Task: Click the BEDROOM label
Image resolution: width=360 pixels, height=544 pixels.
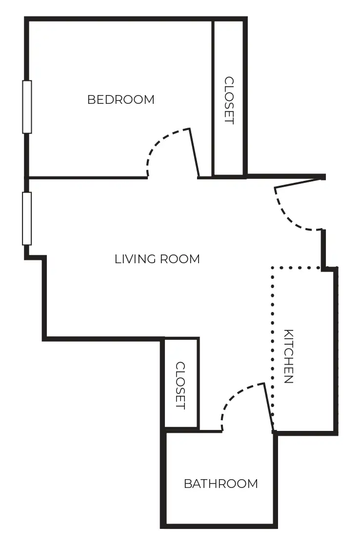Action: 121,99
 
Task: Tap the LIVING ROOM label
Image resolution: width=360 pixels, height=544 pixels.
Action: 157,259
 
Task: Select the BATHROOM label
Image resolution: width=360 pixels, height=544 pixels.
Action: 221,483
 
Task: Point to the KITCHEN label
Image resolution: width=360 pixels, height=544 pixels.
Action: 288,356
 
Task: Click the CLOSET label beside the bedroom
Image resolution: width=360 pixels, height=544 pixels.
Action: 229,100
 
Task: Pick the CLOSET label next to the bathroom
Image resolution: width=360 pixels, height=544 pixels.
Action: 180,386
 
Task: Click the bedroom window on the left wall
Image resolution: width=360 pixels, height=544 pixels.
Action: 27,107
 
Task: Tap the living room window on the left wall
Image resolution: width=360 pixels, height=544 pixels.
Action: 27,218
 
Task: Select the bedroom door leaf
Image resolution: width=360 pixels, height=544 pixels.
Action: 195,153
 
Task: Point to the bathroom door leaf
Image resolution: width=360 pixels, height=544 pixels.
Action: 269,407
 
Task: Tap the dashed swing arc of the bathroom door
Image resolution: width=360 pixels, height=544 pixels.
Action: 232,396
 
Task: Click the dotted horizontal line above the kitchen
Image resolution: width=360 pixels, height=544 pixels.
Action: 296,268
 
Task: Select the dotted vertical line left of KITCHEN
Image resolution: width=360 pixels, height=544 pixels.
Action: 273,347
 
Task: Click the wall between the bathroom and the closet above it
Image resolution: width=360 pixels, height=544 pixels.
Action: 181,430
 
